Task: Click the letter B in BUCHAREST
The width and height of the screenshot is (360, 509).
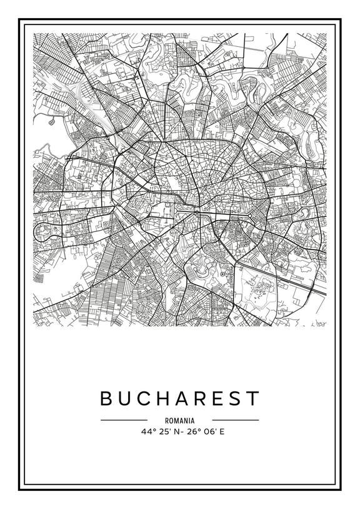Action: pos(106,398)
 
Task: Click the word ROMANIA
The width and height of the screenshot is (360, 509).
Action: pos(180,421)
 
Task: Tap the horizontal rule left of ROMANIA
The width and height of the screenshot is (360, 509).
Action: pos(124,420)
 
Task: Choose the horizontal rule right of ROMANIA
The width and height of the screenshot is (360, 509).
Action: pos(236,420)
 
